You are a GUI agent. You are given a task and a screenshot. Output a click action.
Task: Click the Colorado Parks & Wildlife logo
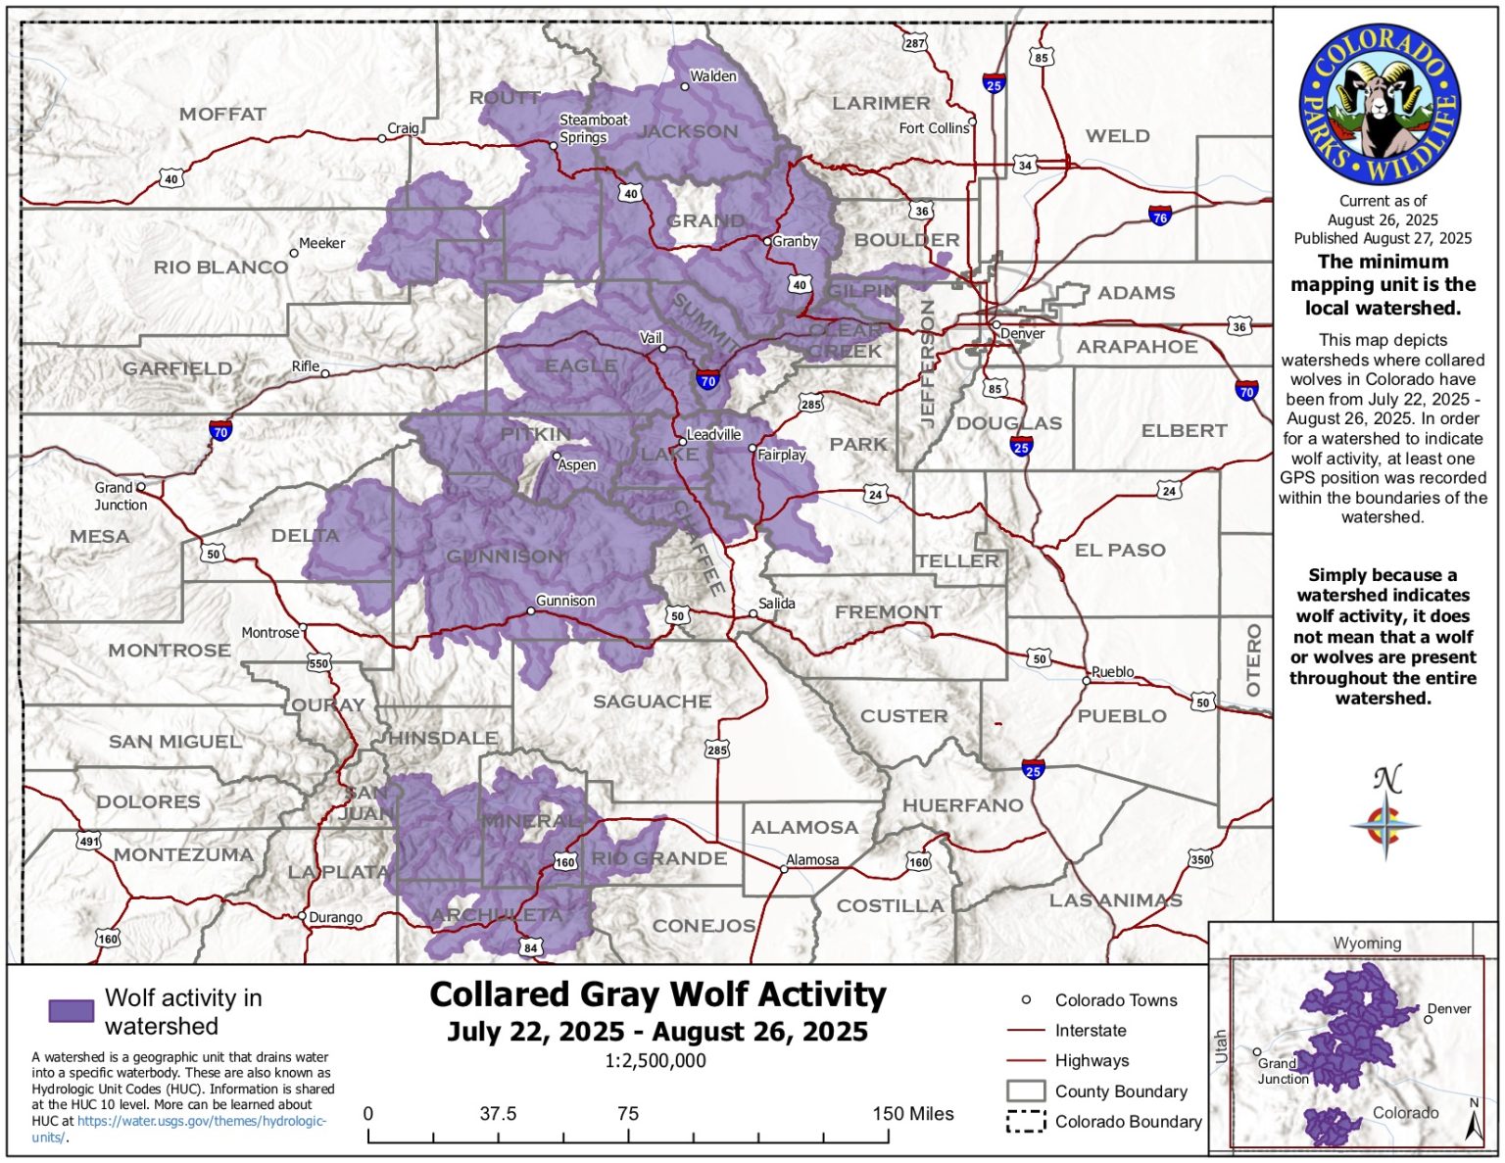(x=1380, y=105)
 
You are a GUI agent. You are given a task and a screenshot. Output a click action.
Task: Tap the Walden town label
(x=712, y=76)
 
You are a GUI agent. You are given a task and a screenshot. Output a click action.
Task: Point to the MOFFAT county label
(x=222, y=115)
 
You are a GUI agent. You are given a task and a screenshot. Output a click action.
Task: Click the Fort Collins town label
(x=933, y=128)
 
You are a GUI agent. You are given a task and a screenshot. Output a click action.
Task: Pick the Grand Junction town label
(x=120, y=496)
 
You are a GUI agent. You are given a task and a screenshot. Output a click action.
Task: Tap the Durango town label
(x=335, y=918)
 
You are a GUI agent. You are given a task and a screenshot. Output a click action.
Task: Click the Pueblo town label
(x=1112, y=672)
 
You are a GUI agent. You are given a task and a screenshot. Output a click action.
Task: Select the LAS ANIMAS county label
(x=1115, y=899)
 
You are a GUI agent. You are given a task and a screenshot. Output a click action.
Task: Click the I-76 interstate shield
(x=1159, y=217)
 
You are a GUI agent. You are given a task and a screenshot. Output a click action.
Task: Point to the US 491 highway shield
(x=89, y=842)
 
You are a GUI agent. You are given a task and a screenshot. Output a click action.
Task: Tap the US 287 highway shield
(x=913, y=43)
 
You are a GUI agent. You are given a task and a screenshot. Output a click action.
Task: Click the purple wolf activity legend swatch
(x=72, y=1010)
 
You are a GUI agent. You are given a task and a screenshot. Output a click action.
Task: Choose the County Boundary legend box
(x=1025, y=1090)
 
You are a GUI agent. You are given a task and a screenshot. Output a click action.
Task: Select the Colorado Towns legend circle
(x=1026, y=1000)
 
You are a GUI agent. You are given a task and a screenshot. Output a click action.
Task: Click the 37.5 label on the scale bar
(x=498, y=1114)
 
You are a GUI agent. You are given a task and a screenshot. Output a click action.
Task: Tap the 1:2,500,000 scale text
(x=655, y=1060)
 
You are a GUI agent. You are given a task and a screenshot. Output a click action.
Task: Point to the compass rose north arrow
(x=1385, y=813)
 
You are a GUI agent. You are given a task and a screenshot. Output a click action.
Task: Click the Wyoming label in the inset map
(x=1366, y=943)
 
